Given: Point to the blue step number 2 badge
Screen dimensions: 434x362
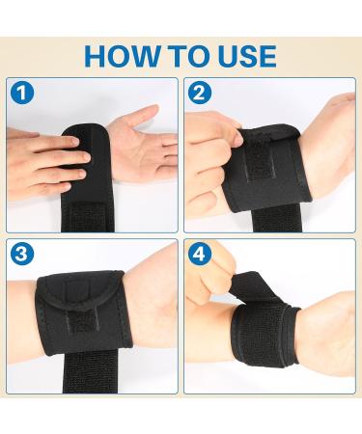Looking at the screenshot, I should pyautogui.click(x=200, y=95).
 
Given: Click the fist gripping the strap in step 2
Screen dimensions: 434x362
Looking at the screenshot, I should pyautogui.click(x=217, y=154).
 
